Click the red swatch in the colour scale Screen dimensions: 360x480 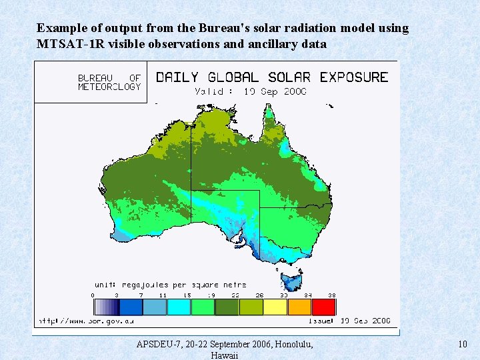coord(324,307)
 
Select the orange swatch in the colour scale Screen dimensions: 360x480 coord(299,307)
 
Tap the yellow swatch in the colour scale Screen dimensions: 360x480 coord(275,307)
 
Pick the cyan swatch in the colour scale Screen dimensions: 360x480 coord(179,307)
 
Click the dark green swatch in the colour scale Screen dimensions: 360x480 coord(227,307)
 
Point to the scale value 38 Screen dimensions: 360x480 coord(331,295)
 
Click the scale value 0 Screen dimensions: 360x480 coord(93,295)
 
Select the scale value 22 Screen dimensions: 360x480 coord(236,295)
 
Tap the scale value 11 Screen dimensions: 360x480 coord(163,295)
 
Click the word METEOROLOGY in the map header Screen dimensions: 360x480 coord(109,87)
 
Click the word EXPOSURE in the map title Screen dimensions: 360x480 coord(353,77)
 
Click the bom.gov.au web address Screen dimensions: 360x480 coord(87,321)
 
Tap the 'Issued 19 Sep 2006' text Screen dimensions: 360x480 coord(349,321)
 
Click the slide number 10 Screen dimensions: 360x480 coord(463,344)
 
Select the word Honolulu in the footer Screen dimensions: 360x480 coord(289,344)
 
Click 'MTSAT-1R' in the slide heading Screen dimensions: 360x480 coord(69,44)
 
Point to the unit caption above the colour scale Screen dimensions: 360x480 coord(169,285)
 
